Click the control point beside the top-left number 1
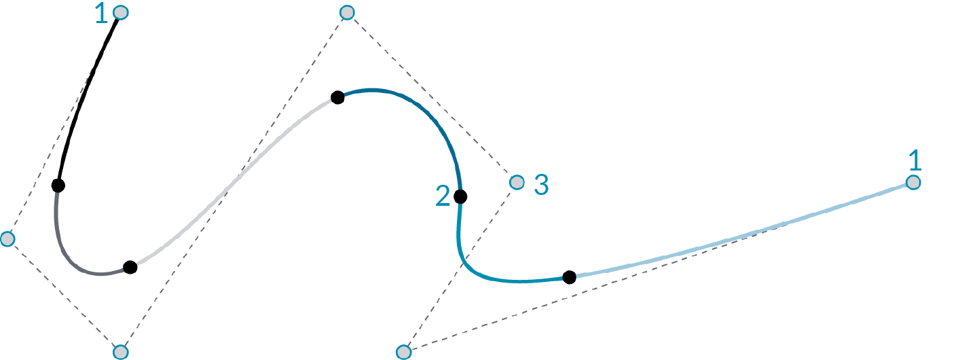click(121, 12)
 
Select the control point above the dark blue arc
click(347, 12)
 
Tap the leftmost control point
click(7, 239)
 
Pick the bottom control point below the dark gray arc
click(120, 352)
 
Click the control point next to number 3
click(517, 182)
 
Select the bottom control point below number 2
click(404, 352)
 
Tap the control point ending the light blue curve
click(913, 182)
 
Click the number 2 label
click(443, 196)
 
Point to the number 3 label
click(541, 185)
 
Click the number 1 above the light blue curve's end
click(915, 161)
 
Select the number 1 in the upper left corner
click(101, 14)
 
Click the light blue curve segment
click(747, 234)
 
